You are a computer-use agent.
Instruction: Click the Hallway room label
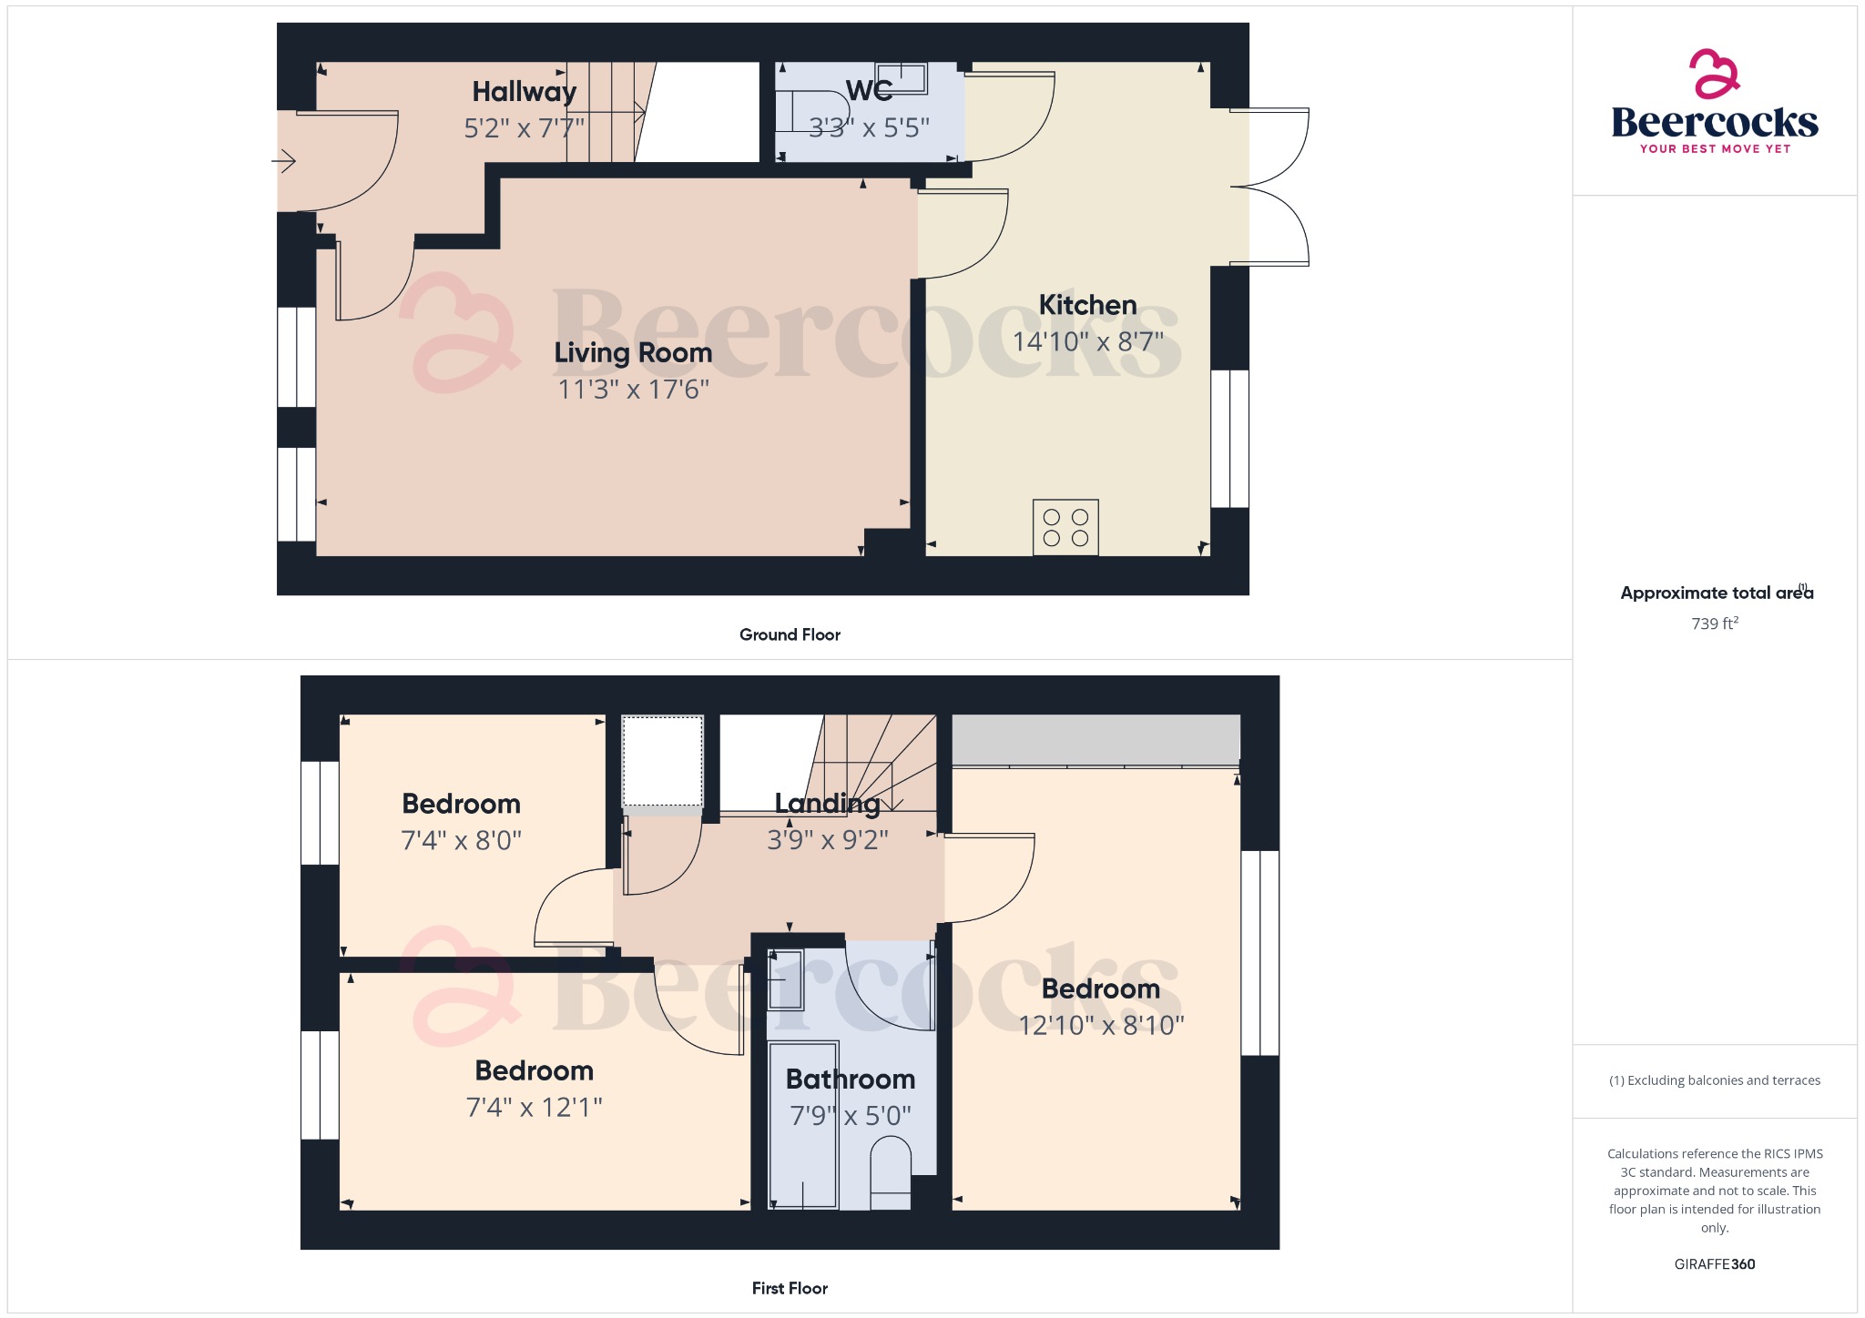[524, 92]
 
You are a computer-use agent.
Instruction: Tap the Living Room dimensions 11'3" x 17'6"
[633, 390]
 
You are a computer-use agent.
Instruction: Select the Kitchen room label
[1087, 305]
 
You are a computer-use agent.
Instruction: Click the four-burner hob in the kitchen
[1065, 527]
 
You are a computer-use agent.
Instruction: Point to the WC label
[869, 91]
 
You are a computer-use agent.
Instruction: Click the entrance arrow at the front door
[284, 162]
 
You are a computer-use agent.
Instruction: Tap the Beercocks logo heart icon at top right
[1714, 74]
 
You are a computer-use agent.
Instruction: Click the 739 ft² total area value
[1715, 624]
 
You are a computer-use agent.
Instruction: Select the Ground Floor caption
[790, 634]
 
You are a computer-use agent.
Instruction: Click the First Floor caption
[790, 1288]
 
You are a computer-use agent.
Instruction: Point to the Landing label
[827, 803]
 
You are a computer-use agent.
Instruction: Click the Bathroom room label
[850, 1079]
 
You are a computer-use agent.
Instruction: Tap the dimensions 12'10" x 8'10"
[1101, 1026]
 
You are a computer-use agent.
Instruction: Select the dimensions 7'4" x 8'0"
[461, 840]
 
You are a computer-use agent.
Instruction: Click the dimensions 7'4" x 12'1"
[534, 1107]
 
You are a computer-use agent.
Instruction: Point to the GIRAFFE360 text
[1714, 1264]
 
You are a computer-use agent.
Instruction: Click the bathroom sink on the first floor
[785, 979]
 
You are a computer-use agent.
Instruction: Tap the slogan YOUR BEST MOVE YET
[1715, 148]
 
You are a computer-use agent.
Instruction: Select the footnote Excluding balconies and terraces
[1715, 1080]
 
